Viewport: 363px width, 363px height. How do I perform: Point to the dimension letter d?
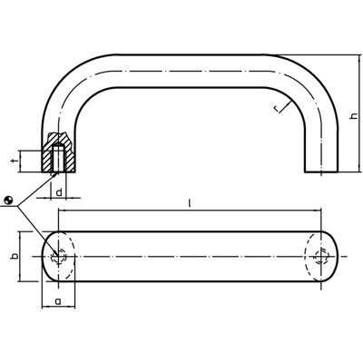coord(58,192)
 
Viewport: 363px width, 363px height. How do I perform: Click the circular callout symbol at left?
coord(8,201)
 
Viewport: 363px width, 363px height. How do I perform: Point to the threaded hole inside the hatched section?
coord(59,160)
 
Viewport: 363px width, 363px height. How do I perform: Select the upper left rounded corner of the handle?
coord(68,82)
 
